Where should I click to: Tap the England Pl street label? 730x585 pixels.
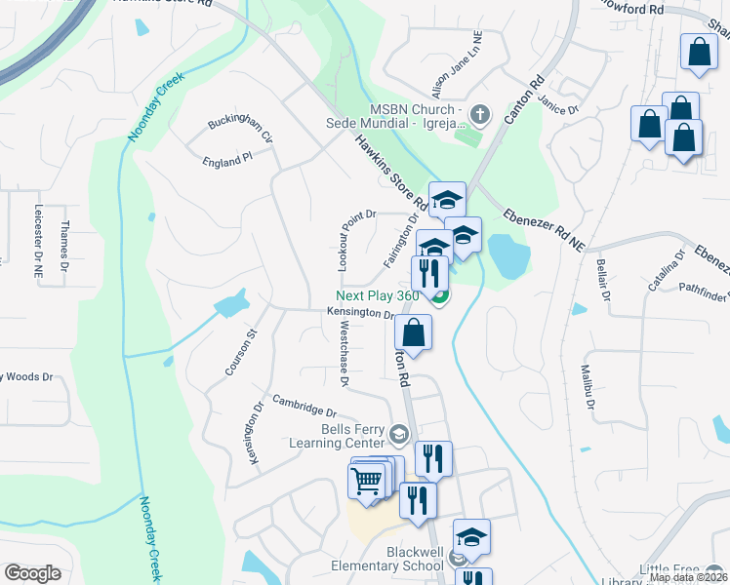click(x=227, y=162)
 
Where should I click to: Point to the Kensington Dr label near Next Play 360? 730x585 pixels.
click(x=360, y=314)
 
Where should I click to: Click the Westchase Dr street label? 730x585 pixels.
click(x=343, y=357)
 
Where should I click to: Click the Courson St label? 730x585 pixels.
click(x=240, y=353)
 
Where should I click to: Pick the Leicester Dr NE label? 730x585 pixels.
click(x=38, y=243)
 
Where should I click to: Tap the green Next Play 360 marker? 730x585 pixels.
click(x=440, y=296)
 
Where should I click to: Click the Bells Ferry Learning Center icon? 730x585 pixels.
click(x=398, y=433)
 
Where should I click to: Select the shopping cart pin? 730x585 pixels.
click(x=366, y=480)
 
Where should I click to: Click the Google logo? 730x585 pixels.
click(x=32, y=573)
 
